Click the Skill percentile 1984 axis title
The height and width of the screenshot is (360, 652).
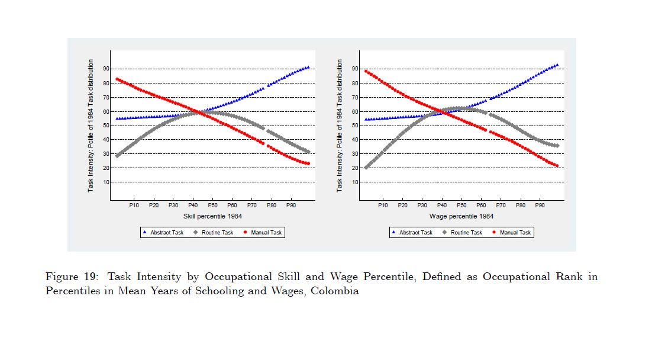(x=212, y=216)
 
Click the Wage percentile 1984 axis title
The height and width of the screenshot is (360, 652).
(x=461, y=216)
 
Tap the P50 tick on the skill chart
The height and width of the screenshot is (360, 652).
(x=212, y=205)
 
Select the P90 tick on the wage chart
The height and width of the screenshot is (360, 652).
(x=540, y=205)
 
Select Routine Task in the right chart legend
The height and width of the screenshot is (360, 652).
(x=466, y=233)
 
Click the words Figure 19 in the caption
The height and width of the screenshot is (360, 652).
(x=68, y=277)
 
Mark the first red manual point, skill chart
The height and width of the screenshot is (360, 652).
(x=117, y=79)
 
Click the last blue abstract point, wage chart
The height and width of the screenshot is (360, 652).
(x=557, y=65)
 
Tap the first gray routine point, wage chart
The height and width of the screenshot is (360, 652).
(x=366, y=168)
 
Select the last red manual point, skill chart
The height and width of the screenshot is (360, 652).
(x=308, y=164)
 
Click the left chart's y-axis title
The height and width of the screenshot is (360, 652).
(x=91, y=125)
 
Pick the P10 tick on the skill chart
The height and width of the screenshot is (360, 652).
(x=134, y=205)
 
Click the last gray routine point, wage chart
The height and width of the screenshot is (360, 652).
(x=557, y=146)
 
